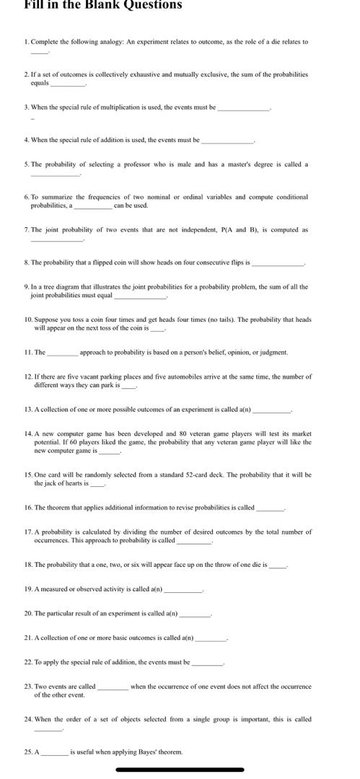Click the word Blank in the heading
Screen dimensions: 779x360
(106, 4)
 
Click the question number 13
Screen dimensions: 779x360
(28, 409)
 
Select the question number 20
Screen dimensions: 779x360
(28, 614)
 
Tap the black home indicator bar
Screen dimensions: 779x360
(179, 770)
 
